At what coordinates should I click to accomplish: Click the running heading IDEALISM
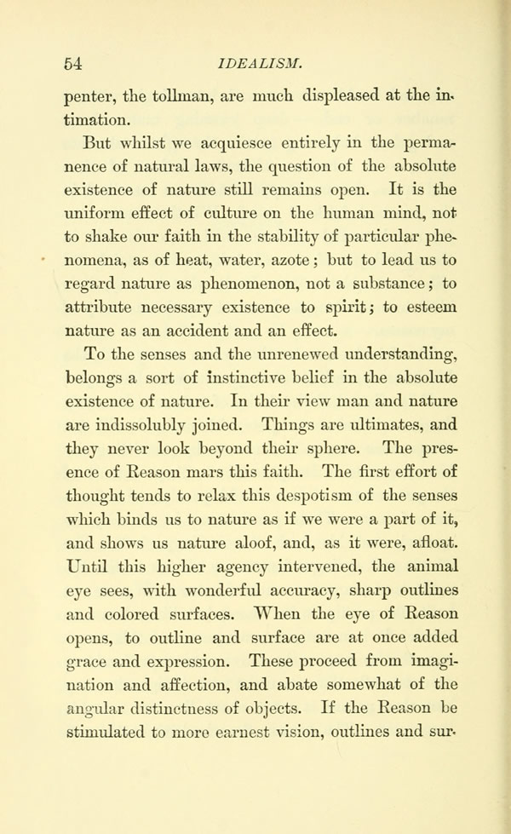255,62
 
